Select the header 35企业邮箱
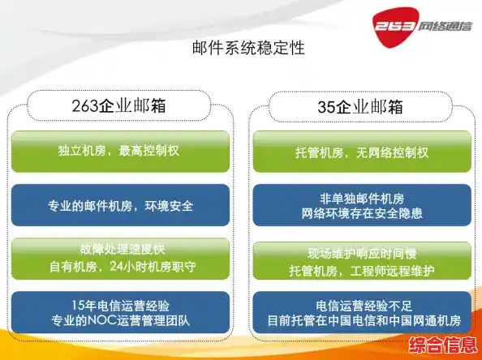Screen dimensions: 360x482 click(x=361, y=107)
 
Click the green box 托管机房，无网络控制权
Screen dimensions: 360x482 click(x=361, y=152)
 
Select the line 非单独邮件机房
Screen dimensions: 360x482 click(x=361, y=198)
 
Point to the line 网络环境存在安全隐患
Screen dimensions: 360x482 click(x=361, y=213)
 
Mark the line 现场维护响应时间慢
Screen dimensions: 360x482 click(x=361, y=251)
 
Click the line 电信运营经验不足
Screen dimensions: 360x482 click(x=361, y=305)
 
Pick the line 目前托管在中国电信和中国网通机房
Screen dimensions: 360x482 click(x=361, y=320)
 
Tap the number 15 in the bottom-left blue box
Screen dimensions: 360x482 click(x=78, y=305)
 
